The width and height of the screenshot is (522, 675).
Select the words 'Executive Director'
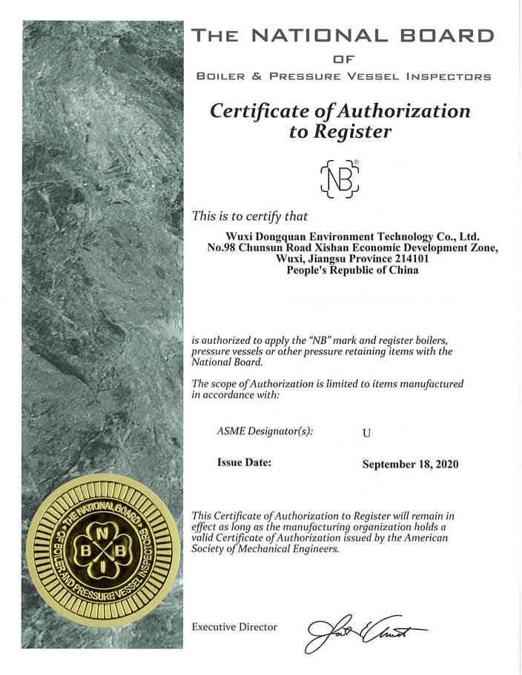234,628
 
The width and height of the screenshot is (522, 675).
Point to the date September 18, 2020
410,465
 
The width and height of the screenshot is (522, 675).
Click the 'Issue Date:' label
244,463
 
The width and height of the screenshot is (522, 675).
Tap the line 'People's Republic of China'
352,270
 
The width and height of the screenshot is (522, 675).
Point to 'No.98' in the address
222,247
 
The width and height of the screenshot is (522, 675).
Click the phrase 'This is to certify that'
249,216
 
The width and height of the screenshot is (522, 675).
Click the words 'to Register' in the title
340,133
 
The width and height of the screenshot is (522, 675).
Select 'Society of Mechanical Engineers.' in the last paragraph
265,549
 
